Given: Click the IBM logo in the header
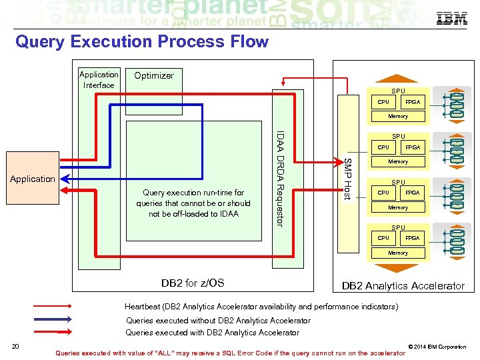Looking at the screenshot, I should point(451,19).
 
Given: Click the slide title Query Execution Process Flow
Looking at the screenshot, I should point(141,42).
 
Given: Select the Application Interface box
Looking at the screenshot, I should point(99,80).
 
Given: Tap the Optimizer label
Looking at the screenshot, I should point(154,75).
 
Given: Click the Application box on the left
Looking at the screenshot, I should point(32,179).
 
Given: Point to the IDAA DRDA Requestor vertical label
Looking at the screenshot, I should point(281,178).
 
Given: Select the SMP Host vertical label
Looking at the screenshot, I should point(347,178).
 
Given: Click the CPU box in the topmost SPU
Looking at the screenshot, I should point(383,102).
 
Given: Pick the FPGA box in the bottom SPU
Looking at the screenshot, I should point(413,238).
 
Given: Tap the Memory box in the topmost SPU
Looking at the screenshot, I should point(398,116).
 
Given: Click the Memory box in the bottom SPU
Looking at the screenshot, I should point(398,253).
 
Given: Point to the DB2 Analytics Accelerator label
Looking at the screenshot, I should point(403,285).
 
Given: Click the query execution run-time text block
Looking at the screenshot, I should point(192,203).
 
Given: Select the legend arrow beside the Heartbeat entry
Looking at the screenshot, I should point(51,307).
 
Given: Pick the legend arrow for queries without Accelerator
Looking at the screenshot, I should point(51,321).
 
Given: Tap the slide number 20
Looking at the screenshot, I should point(14,345).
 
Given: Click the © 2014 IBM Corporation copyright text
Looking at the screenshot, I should point(437,347).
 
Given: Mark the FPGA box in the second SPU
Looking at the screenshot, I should point(413,147).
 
